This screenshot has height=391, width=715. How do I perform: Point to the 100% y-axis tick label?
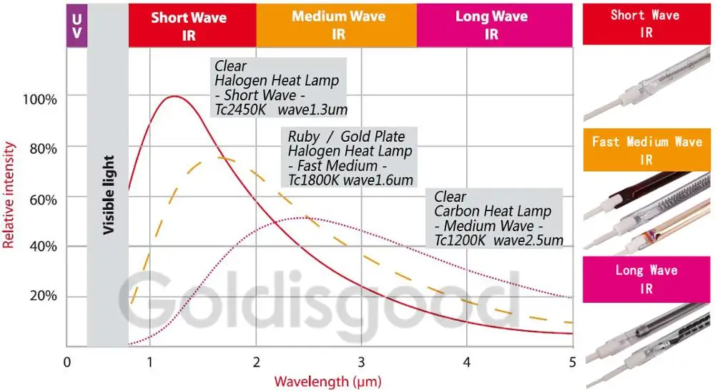[40, 98]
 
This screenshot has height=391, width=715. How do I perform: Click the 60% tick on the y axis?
[42, 198]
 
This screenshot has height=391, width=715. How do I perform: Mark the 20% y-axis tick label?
[42, 297]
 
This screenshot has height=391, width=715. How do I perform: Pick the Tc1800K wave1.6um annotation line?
[350, 180]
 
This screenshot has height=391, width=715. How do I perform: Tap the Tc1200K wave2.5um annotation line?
[498, 239]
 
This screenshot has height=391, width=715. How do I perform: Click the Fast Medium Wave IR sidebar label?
[647, 150]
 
